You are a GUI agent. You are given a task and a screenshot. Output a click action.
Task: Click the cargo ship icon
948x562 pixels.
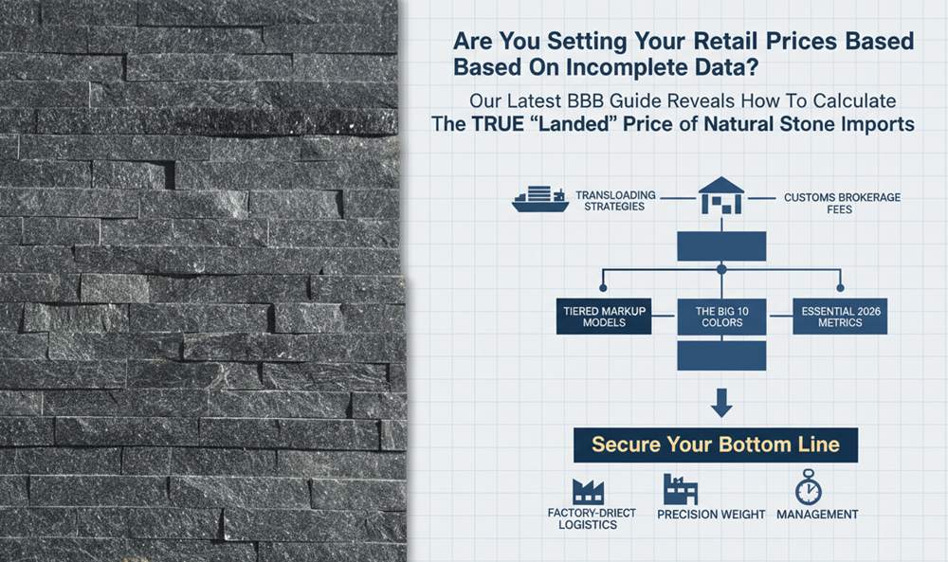pyautogui.click(x=540, y=199)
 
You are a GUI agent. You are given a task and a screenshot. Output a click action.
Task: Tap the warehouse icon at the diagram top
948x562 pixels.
pyautogui.click(x=721, y=195)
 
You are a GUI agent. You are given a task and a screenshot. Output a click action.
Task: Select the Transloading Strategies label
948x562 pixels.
pyautogui.click(x=615, y=201)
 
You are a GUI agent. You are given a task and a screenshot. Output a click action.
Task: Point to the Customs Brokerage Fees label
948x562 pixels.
pyautogui.click(x=842, y=203)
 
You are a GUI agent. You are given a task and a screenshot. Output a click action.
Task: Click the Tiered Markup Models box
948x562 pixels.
pyautogui.click(x=604, y=316)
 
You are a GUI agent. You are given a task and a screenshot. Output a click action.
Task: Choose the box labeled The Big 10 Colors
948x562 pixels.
pyautogui.click(x=721, y=316)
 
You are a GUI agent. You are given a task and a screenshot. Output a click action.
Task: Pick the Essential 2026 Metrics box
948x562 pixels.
pyautogui.click(x=840, y=316)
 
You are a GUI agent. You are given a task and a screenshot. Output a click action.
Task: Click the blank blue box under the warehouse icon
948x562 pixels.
pyautogui.click(x=721, y=246)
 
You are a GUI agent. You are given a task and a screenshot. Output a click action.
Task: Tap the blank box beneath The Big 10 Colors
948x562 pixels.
pyautogui.click(x=721, y=355)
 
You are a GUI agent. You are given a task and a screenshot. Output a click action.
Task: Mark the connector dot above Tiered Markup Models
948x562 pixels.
pyautogui.click(x=603, y=288)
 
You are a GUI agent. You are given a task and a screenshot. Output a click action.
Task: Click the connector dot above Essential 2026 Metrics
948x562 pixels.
pyautogui.click(x=840, y=288)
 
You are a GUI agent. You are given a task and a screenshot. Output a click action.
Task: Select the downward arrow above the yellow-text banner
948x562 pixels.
pyautogui.click(x=721, y=403)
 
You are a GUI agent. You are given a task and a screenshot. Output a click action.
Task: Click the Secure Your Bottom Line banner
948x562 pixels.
pyautogui.click(x=715, y=445)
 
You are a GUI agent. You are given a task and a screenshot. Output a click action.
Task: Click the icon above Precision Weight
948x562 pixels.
pyautogui.click(x=680, y=489)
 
